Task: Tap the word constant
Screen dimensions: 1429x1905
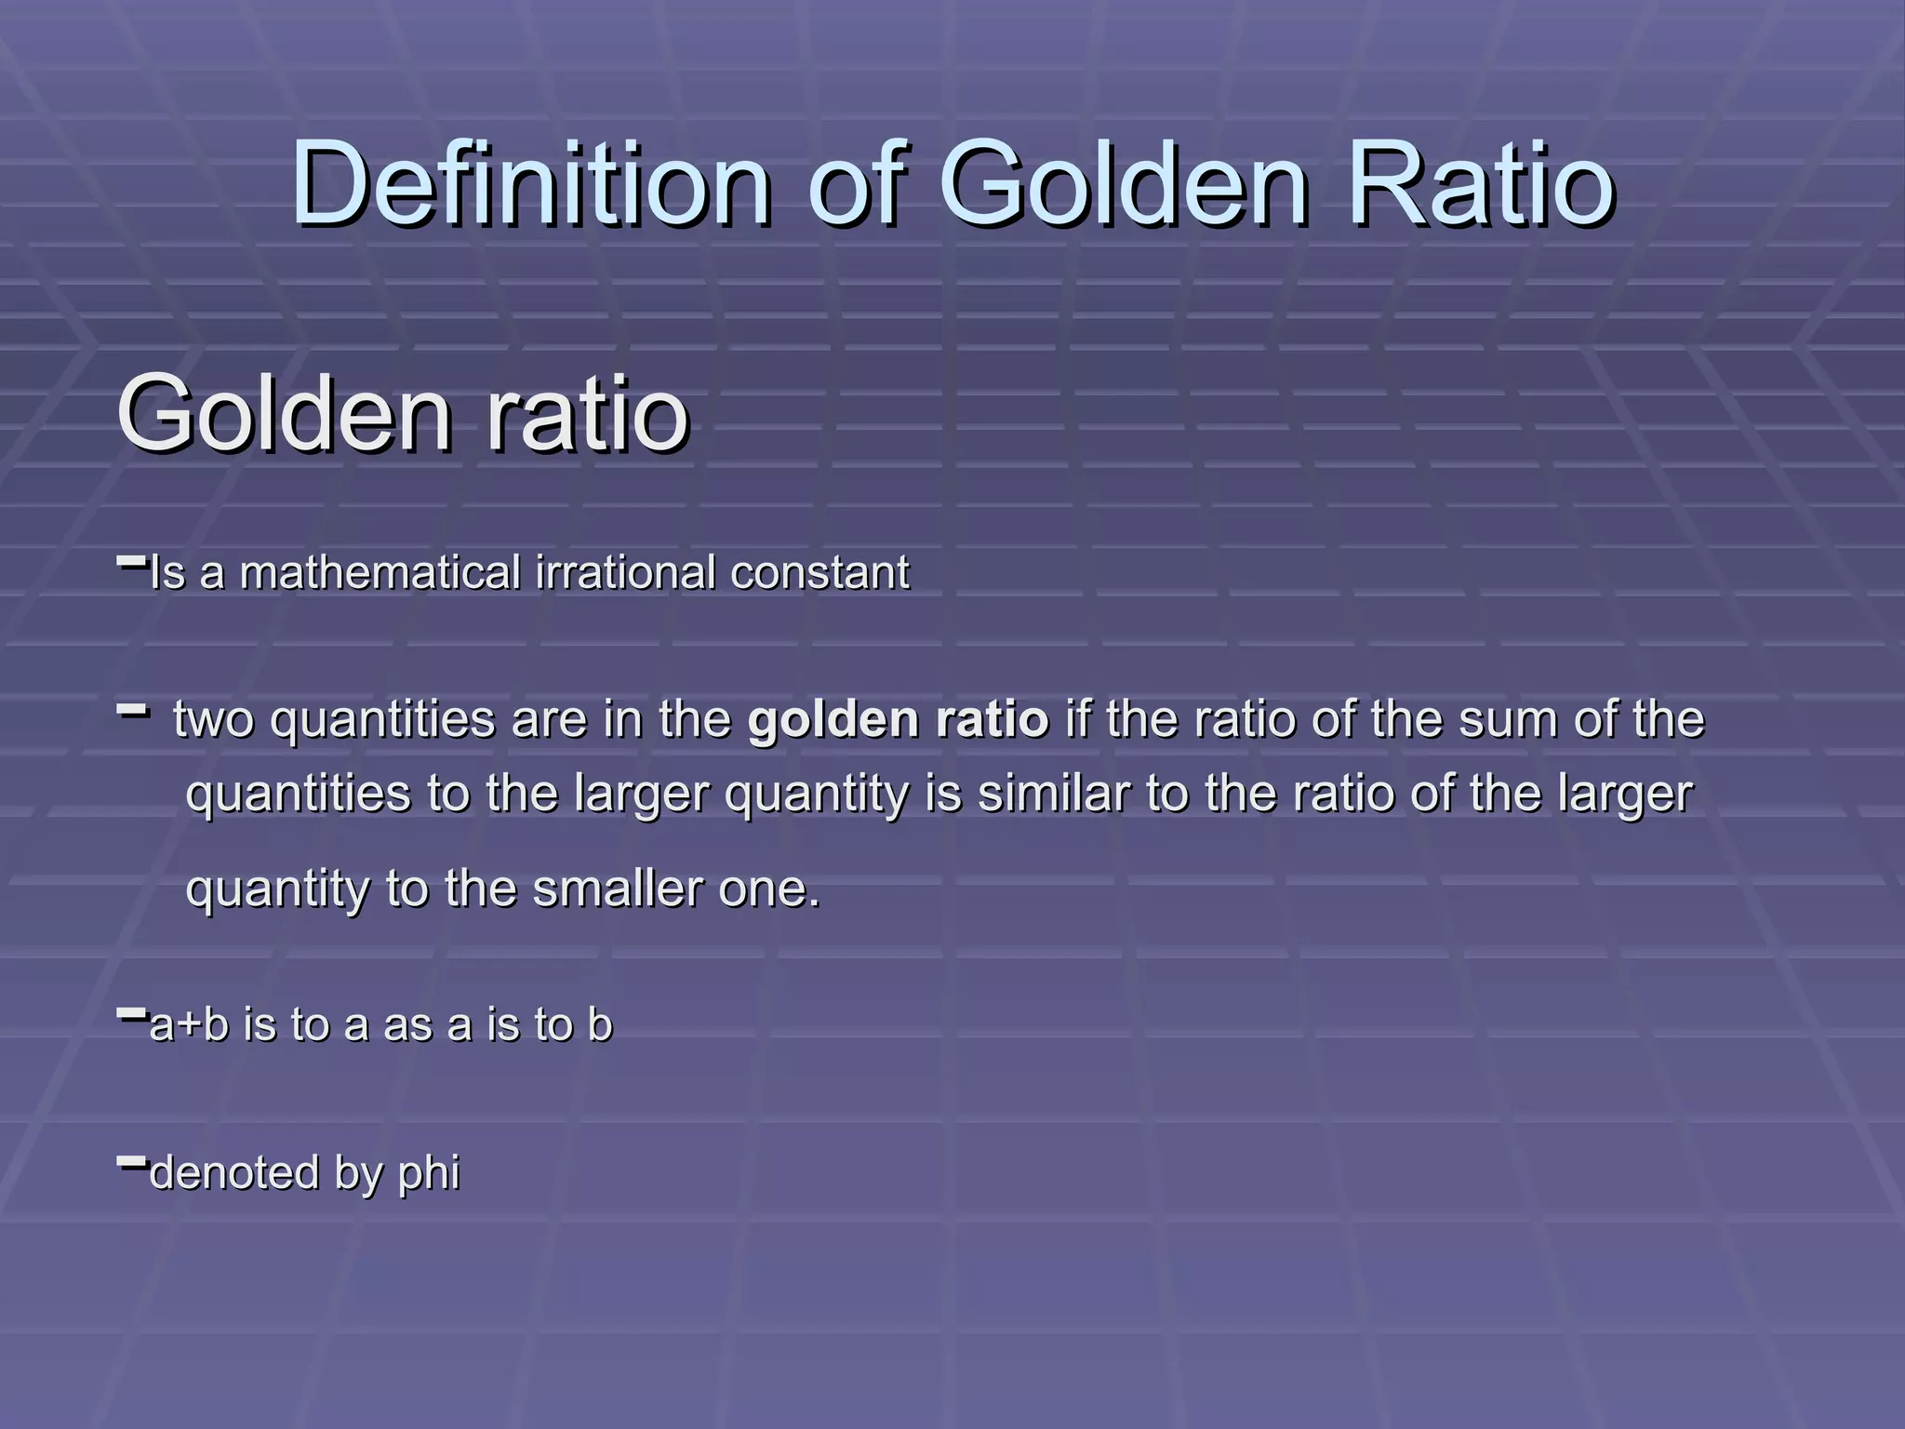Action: (819, 572)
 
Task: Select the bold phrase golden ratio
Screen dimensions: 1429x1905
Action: (898, 720)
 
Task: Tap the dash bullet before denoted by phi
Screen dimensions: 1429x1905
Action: (132, 1161)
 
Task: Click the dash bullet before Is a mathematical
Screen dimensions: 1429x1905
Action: (132, 561)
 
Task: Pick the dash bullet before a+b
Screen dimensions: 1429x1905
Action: (132, 1014)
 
